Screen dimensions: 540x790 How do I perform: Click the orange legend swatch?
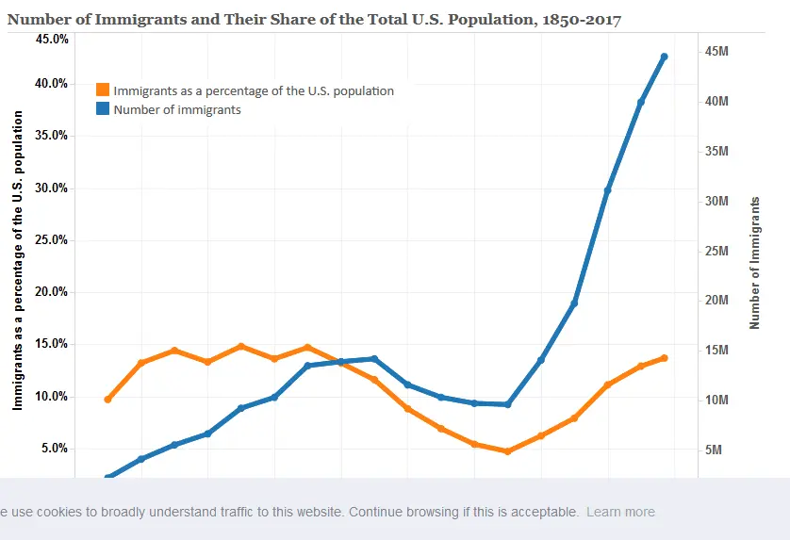click(x=103, y=90)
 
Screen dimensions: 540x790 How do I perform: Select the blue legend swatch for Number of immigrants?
click(x=103, y=109)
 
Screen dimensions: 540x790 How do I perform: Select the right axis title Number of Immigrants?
click(x=754, y=263)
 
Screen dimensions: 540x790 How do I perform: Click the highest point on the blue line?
click(x=664, y=57)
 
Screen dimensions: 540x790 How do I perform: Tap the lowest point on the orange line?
click(x=507, y=451)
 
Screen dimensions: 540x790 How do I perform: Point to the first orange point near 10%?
click(x=107, y=399)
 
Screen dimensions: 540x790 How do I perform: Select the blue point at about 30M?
click(x=608, y=190)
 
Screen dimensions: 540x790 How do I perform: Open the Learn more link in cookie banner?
click(x=620, y=512)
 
